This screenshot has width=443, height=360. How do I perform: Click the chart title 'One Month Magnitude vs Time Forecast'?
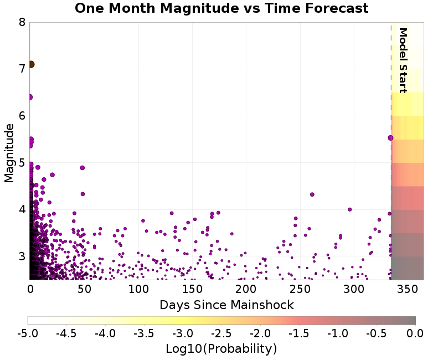coord(221,8)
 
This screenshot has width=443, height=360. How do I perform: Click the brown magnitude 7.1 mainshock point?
coord(31,64)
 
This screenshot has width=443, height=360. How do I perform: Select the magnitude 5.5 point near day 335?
coord(390,138)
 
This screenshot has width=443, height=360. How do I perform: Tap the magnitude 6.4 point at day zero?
coord(30,97)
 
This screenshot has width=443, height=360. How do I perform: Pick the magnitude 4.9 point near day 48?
coord(83,168)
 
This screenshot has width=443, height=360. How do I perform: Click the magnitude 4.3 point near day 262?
coord(312,194)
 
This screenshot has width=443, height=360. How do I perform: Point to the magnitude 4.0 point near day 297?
coord(349,209)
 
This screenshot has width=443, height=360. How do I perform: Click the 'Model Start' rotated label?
coord(403,60)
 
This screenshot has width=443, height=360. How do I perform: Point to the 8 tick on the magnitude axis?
coord(22,23)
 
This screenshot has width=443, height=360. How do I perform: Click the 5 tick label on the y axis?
coord(22,163)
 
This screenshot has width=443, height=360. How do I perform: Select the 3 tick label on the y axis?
coord(22,256)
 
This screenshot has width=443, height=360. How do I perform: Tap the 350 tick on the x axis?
coord(407,289)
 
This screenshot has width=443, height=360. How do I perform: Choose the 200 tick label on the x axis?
coord(245,289)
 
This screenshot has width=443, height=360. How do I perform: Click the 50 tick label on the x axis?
coord(84,289)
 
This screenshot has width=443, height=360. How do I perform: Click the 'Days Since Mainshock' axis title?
coord(226,305)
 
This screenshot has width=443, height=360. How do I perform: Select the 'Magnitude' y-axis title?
coord(9,153)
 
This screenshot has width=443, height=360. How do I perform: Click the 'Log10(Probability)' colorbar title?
coord(221,349)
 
